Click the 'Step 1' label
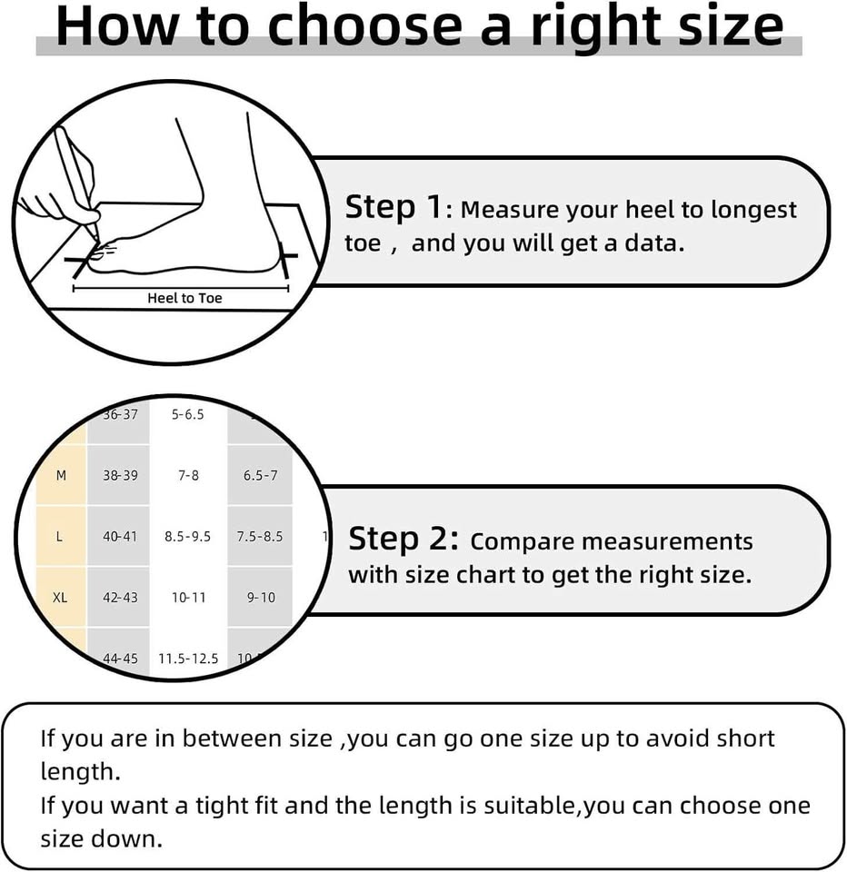tap(394, 207)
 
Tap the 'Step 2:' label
tap(404, 539)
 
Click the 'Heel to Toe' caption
tap(184, 298)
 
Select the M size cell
tap(61, 475)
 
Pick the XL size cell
tap(60, 598)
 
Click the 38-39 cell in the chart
tap(120, 475)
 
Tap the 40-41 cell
tap(120, 537)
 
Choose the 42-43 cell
tap(120, 598)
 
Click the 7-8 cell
tap(189, 475)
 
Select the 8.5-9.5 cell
tap(187, 537)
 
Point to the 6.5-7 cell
tap(260, 475)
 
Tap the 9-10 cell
tap(261, 598)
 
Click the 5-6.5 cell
tap(187, 414)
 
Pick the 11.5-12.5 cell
tap(188, 659)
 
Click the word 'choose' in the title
tap(365, 26)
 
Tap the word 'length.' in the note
tap(80, 772)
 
